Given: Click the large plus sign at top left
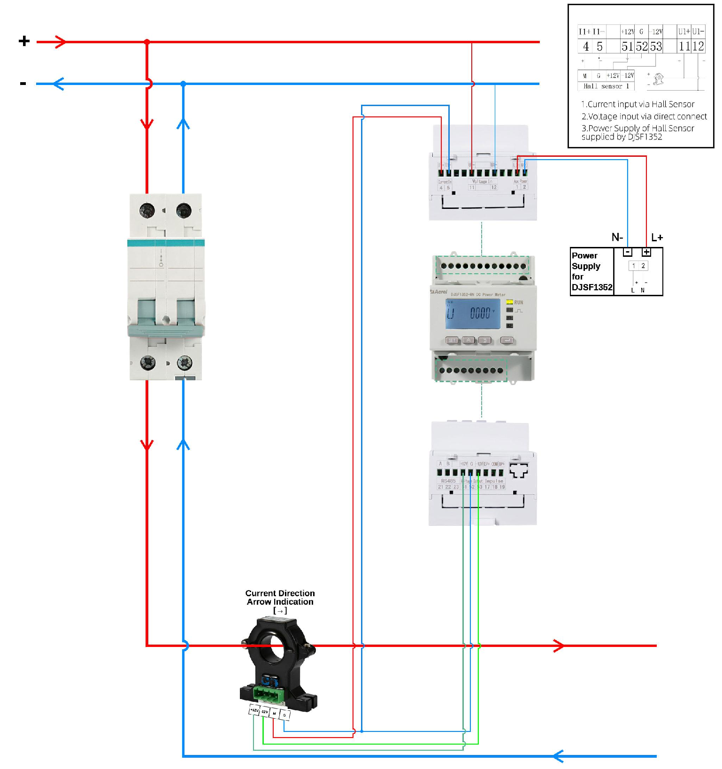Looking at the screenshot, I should click(x=24, y=41).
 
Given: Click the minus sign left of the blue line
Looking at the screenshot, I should click(x=23, y=84).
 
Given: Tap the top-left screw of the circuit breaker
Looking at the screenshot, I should click(x=147, y=210).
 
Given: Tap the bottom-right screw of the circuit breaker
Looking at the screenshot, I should click(x=184, y=362).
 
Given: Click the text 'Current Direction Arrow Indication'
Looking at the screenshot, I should click(x=280, y=598).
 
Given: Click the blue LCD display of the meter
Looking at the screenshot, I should click(x=472, y=314).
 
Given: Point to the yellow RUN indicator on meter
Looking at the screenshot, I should click(x=510, y=302).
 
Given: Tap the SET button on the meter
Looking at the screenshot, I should click(x=452, y=340).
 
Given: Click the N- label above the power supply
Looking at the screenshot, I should click(x=617, y=237).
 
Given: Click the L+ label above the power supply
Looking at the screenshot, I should click(x=657, y=238).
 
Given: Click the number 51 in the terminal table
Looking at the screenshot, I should click(x=627, y=46).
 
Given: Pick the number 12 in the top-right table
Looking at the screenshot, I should click(x=698, y=46).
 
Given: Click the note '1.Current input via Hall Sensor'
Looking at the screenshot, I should click(x=638, y=104).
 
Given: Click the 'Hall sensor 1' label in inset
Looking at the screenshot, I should click(x=606, y=86).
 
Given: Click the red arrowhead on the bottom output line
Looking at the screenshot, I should click(x=559, y=646).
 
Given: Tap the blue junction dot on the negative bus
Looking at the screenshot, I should click(x=183, y=84).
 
